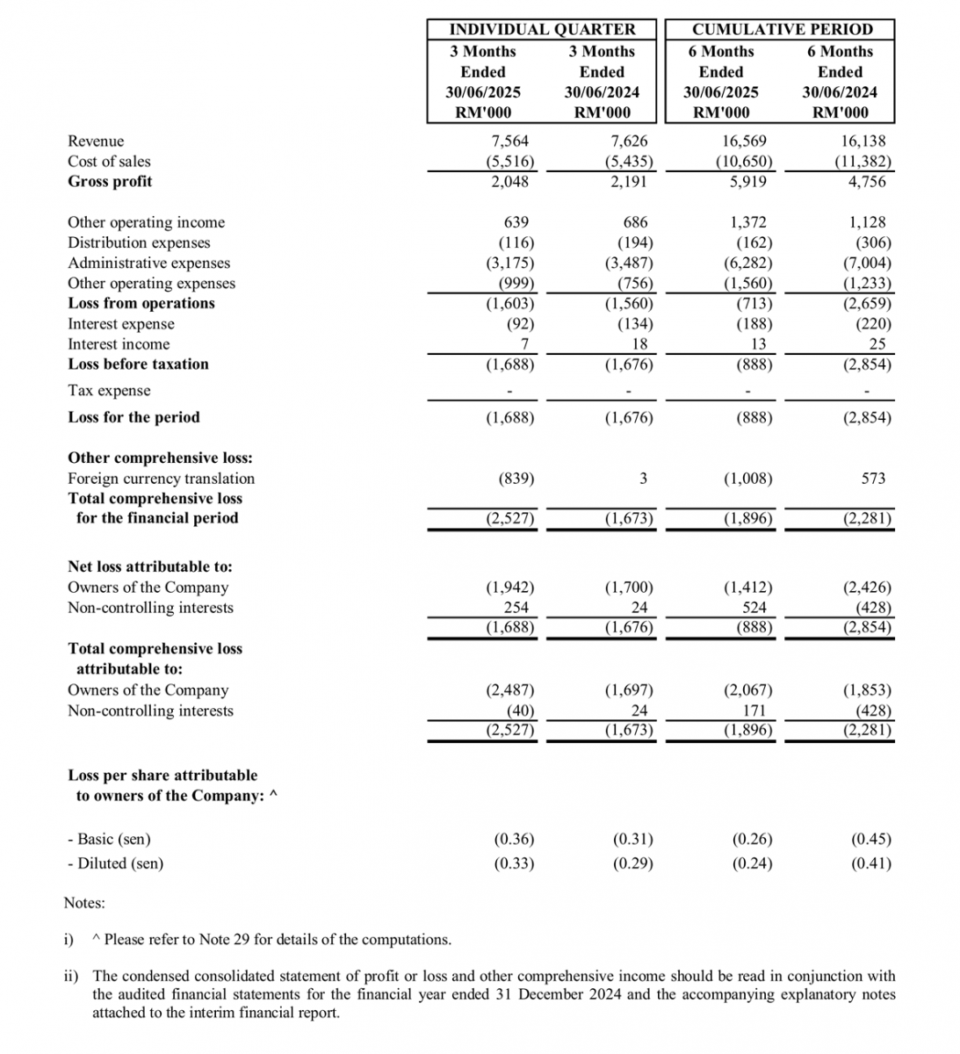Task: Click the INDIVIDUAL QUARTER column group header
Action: pos(542,29)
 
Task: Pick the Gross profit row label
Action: pos(110,182)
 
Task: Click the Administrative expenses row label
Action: pos(148,263)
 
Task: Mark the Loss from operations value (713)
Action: pos(754,303)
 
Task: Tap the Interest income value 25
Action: pos(877,344)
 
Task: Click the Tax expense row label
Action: pos(109,391)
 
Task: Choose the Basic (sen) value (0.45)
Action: pos(871,840)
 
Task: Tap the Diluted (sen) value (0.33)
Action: pos(514,863)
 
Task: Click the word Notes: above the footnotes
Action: pos(84,903)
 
